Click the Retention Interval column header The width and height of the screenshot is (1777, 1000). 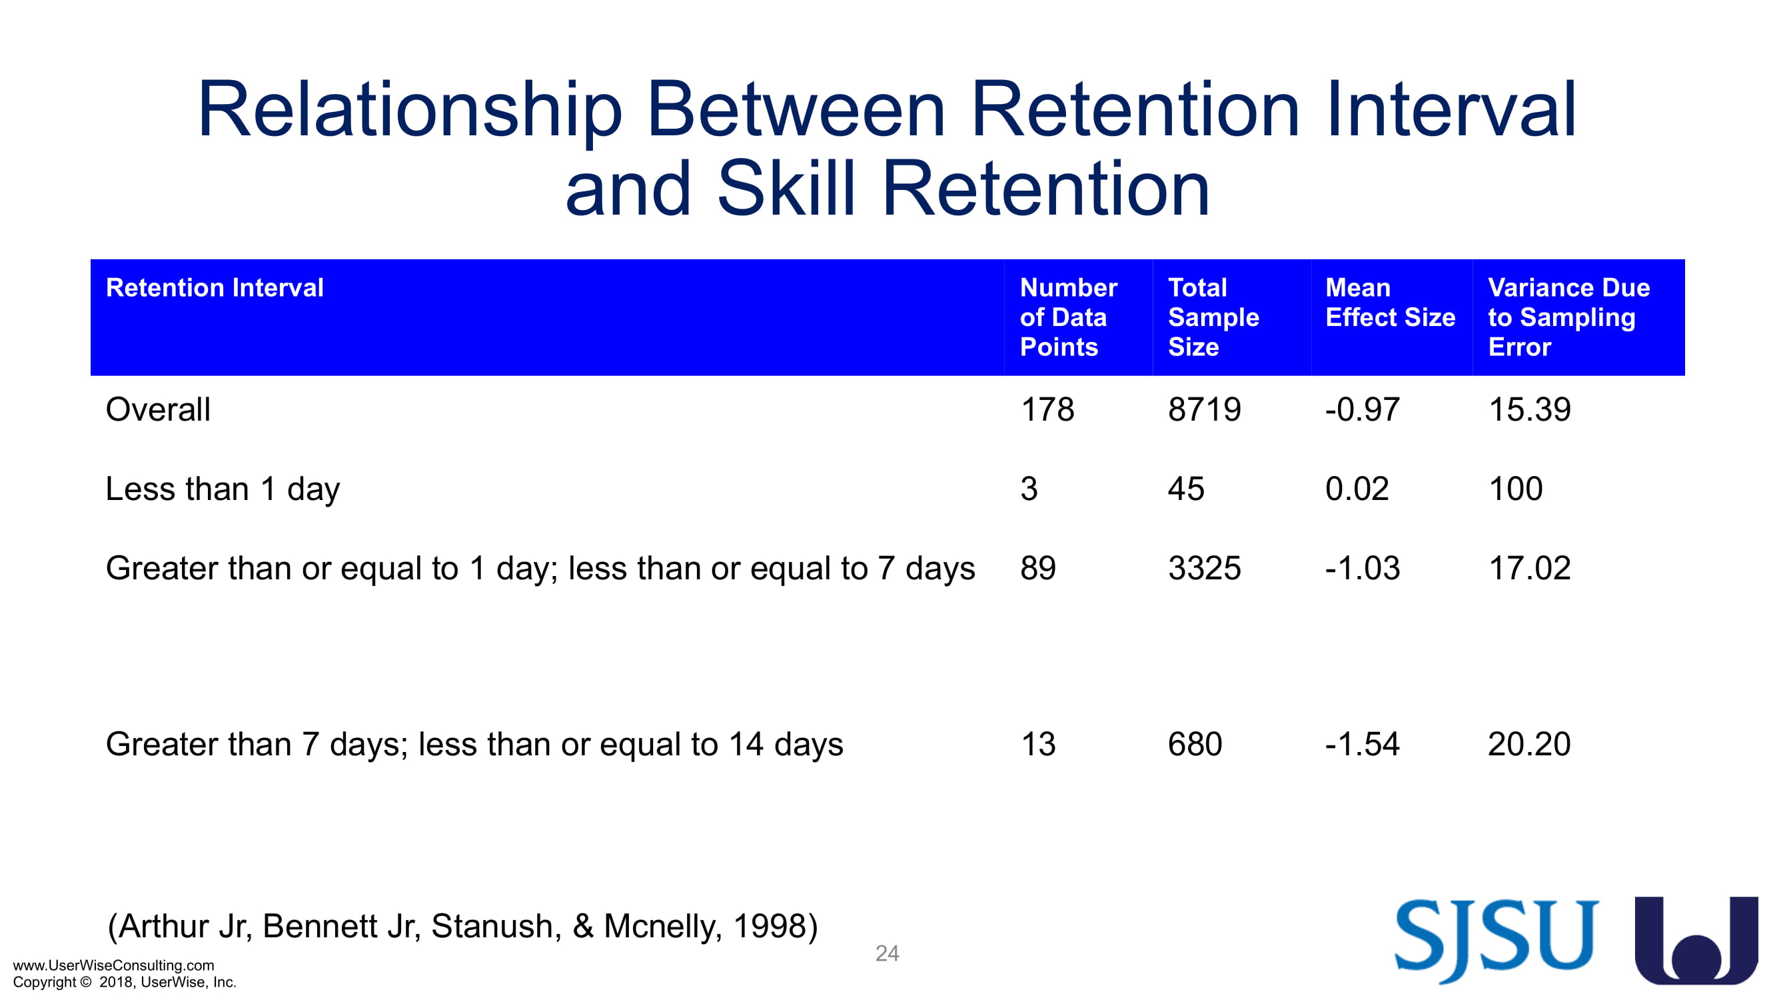click(x=215, y=287)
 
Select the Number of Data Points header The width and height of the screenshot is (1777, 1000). click(x=1068, y=317)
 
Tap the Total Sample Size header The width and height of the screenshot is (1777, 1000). click(x=1213, y=317)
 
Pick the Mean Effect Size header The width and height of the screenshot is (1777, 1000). click(x=1390, y=302)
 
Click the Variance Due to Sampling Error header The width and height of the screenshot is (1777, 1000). click(x=1568, y=317)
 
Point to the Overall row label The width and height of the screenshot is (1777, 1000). click(x=158, y=409)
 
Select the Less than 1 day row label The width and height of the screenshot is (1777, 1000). click(x=223, y=489)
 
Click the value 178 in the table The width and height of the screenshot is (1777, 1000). click(x=1047, y=409)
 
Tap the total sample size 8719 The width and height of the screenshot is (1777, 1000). click(x=1205, y=409)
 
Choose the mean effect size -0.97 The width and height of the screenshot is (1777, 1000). click(x=1363, y=409)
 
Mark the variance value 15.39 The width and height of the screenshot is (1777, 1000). click(x=1529, y=409)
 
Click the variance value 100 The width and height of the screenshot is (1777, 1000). click(x=1516, y=489)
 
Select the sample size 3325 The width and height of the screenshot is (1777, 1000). click(x=1205, y=568)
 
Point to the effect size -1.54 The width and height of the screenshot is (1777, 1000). click(x=1363, y=744)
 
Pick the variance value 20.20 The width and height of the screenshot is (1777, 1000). click(x=1529, y=744)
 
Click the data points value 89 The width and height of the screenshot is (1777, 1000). click(x=1038, y=568)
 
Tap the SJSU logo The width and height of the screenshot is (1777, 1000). click(x=1496, y=941)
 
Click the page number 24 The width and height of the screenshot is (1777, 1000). click(x=887, y=953)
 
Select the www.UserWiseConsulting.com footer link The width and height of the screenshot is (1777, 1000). click(x=114, y=965)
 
